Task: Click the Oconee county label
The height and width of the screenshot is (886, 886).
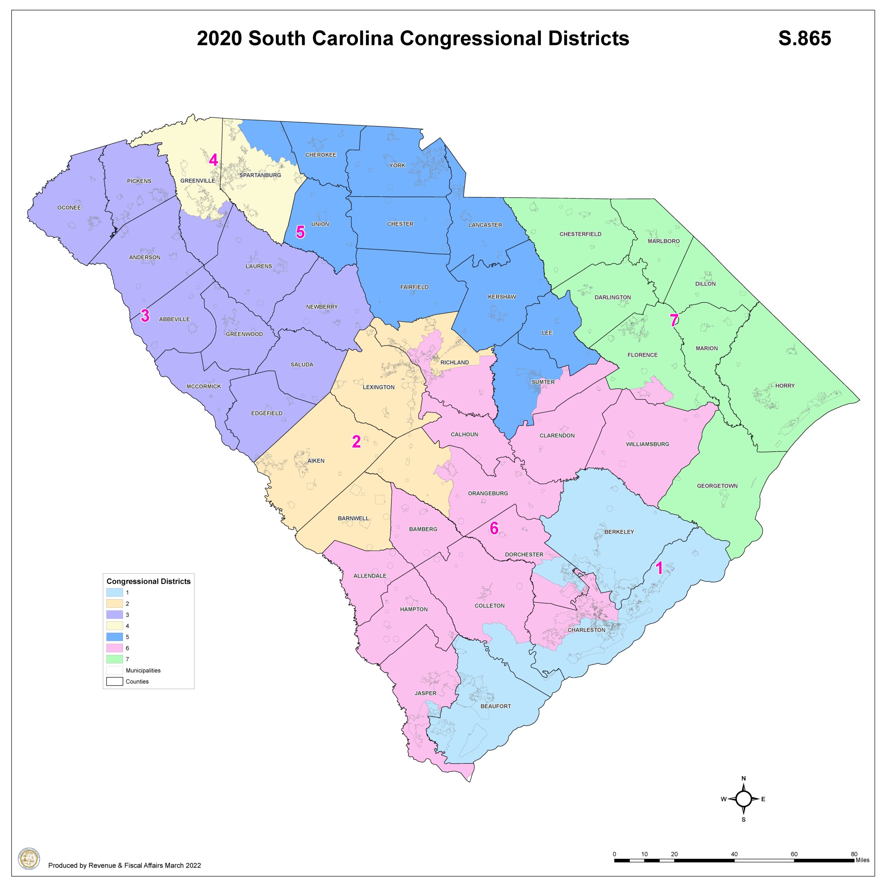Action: (x=69, y=208)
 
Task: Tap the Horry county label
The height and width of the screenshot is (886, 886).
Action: (x=785, y=386)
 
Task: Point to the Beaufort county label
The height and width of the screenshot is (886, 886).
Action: (x=495, y=706)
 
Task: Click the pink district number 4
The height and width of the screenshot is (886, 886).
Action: (x=213, y=160)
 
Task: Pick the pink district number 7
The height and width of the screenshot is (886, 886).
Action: (x=673, y=320)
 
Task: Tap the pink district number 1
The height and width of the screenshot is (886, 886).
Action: (x=659, y=568)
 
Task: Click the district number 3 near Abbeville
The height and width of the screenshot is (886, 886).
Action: (x=145, y=316)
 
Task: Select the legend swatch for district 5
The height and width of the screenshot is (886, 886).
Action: (x=115, y=637)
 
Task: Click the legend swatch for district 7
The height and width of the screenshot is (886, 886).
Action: (x=115, y=659)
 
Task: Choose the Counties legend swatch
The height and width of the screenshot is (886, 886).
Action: (x=115, y=681)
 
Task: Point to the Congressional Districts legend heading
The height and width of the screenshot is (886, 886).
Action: (x=148, y=581)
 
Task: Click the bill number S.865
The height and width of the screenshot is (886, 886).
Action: (x=804, y=38)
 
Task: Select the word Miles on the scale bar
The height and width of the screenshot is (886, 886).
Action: (x=862, y=860)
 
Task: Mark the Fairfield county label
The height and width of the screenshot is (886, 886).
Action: (x=414, y=287)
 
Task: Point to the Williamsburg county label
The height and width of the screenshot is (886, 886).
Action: (x=647, y=444)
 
